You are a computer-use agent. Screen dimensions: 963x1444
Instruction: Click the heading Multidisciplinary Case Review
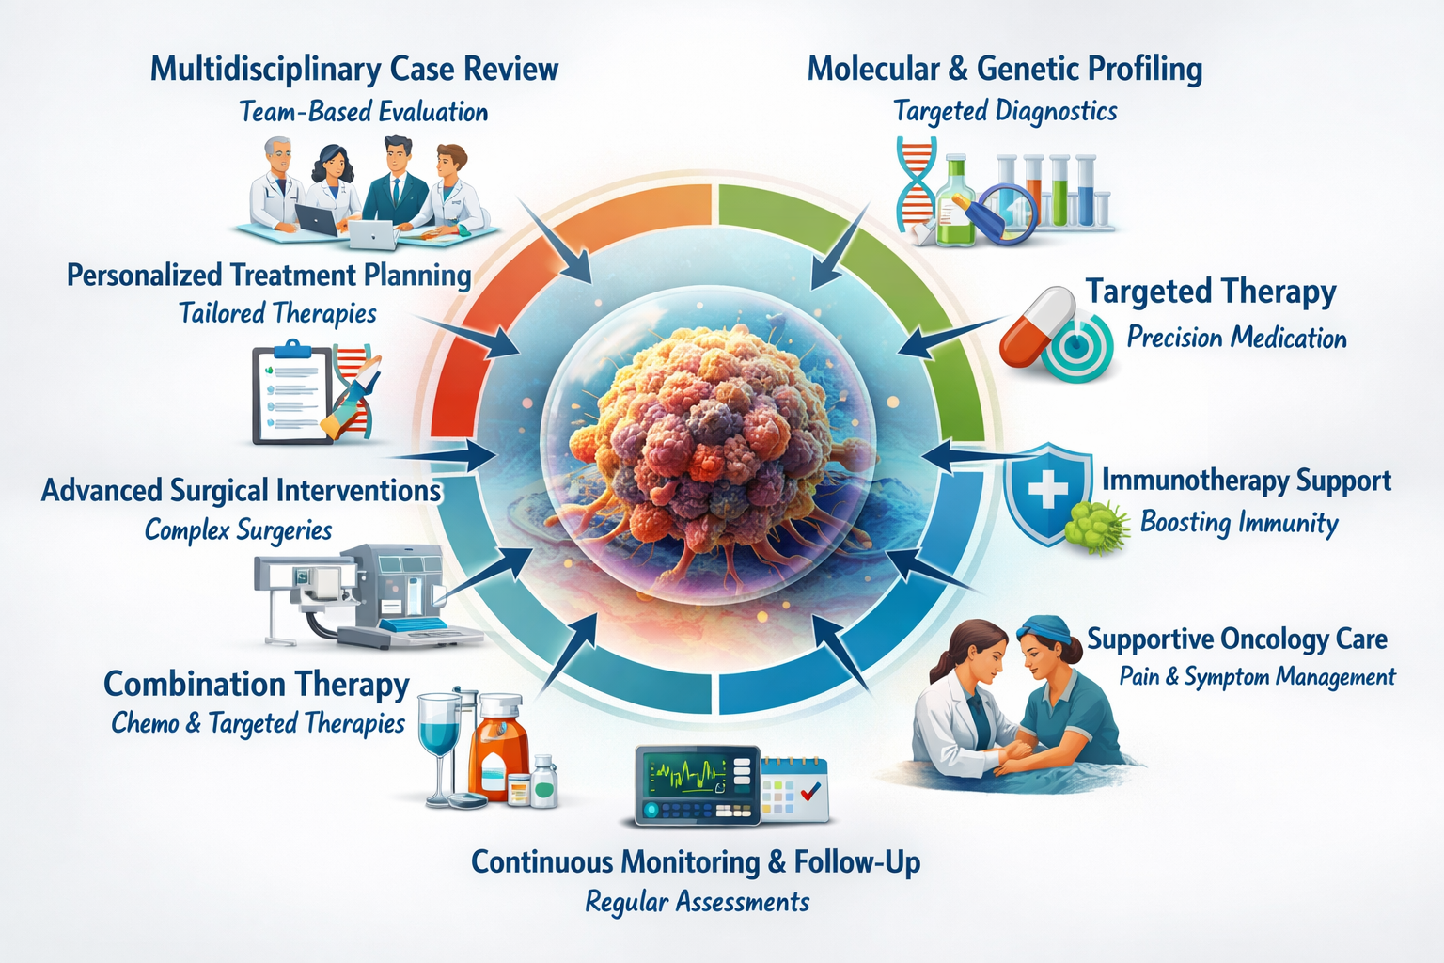pos(354,70)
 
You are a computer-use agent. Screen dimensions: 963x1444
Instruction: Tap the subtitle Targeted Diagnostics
pos(1005,112)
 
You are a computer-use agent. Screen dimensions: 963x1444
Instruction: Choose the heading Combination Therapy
pos(256,685)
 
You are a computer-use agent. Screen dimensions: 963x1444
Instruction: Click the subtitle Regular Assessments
pos(697,903)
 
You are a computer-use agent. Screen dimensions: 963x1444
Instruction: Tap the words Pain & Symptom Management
pos(1257,677)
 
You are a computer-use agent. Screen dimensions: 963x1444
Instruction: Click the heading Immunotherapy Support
pos(1246,481)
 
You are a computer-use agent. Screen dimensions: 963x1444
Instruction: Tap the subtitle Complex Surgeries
pos(238,530)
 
